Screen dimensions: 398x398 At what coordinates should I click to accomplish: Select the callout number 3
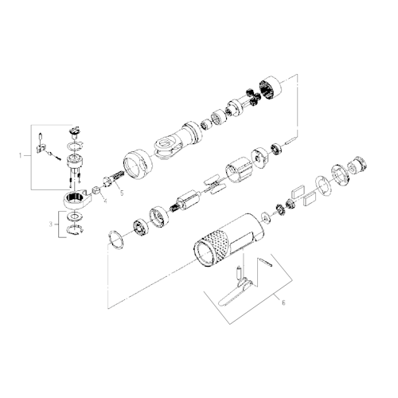coord(51,224)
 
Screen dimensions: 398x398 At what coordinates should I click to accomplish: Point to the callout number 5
coord(122,192)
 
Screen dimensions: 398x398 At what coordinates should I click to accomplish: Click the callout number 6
coord(280,301)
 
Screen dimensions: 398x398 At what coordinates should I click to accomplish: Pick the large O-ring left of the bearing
coord(115,238)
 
